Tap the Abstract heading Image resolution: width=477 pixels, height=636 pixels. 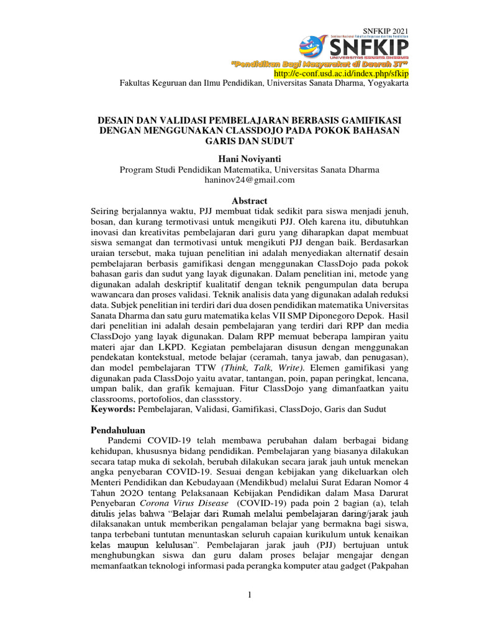coord(249,201)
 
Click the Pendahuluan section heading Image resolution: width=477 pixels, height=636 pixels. coord(118,430)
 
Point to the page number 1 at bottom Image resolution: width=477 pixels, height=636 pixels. coord(249,596)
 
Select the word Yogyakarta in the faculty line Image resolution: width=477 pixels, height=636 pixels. coord(388,83)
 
